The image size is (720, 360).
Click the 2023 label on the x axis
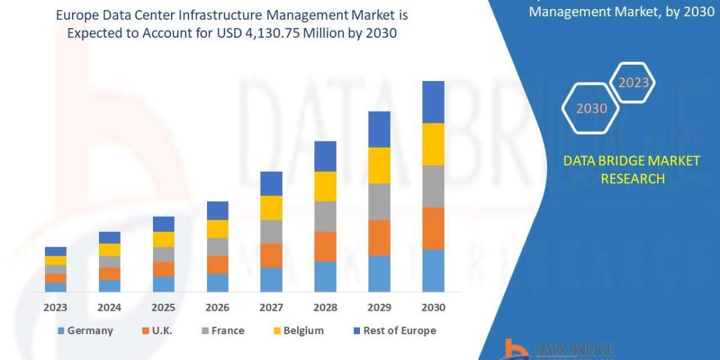(x=55, y=308)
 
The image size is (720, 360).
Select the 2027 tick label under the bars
(x=271, y=308)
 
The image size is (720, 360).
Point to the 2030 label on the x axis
(x=433, y=308)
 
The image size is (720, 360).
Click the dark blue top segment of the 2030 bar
(x=433, y=102)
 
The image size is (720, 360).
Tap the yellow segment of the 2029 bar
(x=379, y=165)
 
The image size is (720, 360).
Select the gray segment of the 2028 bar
(x=325, y=216)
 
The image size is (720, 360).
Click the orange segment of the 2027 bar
(x=271, y=255)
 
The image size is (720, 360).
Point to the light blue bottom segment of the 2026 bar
(x=217, y=283)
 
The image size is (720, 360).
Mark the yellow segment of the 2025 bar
(x=163, y=239)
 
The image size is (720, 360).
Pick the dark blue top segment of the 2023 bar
(x=55, y=251)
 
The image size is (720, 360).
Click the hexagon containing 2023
(x=633, y=83)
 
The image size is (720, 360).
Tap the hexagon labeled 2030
(x=591, y=109)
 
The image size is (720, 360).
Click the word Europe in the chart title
(x=76, y=14)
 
